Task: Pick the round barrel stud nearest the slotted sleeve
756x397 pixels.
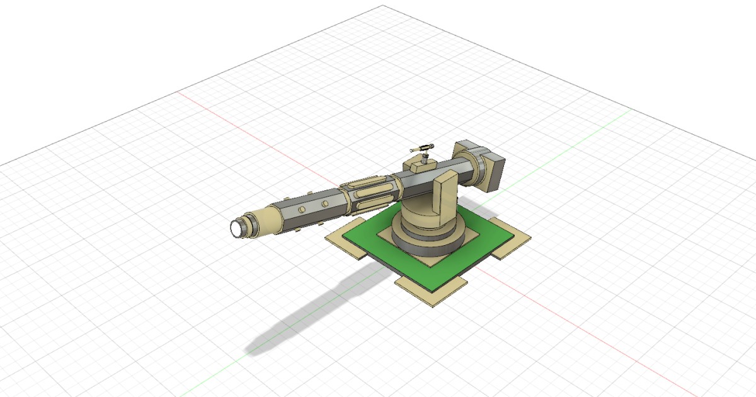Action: click(325, 203)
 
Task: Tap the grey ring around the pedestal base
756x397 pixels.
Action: click(428, 243)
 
